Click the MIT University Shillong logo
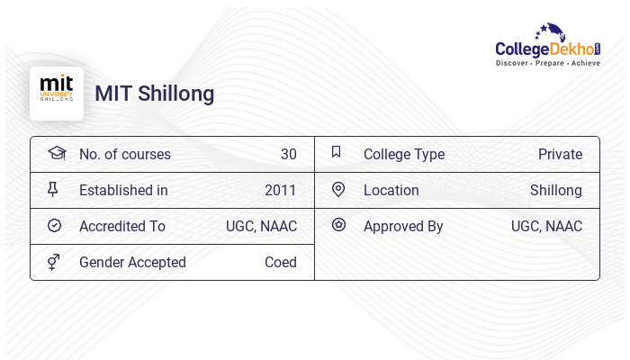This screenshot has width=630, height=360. click(x=57, y=93)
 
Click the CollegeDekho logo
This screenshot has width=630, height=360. click(x=547, y=45)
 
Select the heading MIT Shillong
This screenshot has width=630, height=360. click(x=155, y=94)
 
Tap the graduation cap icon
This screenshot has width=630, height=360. click(x=57, y=153)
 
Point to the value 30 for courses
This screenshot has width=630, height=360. click(x=288, y=154)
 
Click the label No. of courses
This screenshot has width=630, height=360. click(x=125, y=154)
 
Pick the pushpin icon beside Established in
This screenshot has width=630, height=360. click(x=53, y=190)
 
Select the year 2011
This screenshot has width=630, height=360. click(x=280, y=190)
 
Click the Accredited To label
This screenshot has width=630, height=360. click(x=122, y=226)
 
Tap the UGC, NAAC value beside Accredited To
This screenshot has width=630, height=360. click(x=261, y=226)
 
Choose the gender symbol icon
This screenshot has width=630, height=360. click(x=53, y=262)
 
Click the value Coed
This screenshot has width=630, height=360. click(x=280, y=262)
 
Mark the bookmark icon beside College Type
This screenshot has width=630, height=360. click(x=337, y=153)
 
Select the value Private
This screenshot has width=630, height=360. click(x=560, y=154)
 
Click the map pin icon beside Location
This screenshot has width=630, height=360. click(x=338, y=190)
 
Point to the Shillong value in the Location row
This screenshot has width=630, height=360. click(x=555, y=190)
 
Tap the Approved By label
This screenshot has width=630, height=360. click(x=403, y=226)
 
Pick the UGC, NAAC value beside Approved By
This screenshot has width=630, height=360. click(x=546, y=226)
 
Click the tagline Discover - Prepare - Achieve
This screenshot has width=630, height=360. click(x=547, y=63)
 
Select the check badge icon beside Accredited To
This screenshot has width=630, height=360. click(x=54, y=226)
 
